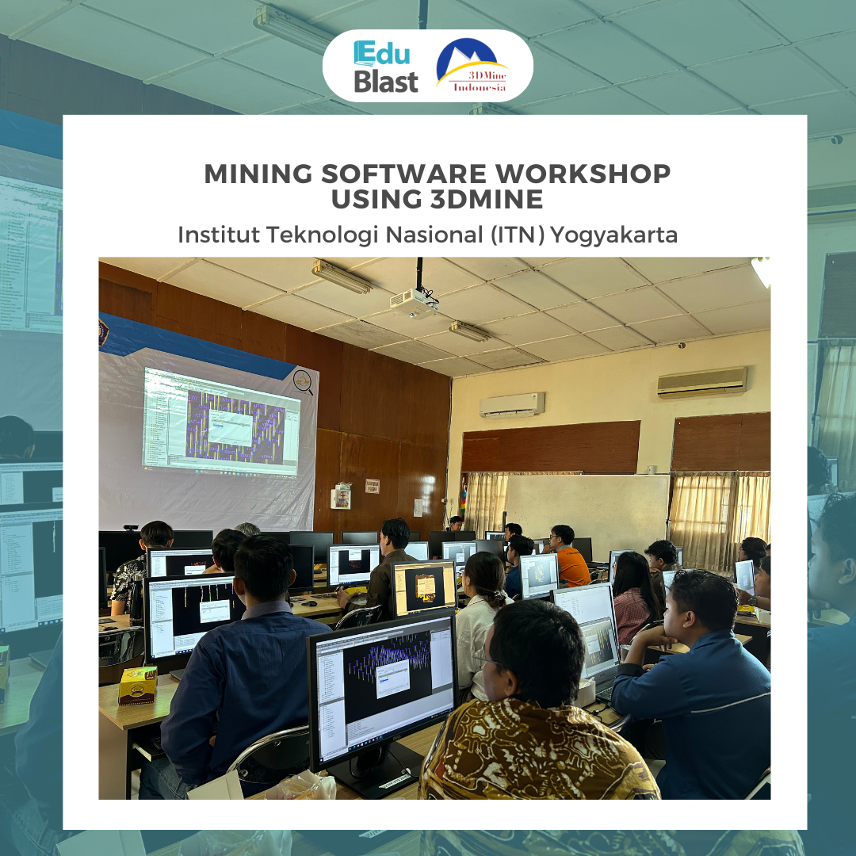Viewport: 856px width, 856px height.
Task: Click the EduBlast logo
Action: (x=386, y=67)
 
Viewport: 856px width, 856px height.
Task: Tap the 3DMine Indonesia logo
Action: (x=473, y=66)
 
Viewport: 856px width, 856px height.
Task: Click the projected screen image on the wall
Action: (x=221, y=422)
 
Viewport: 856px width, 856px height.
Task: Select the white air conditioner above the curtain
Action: (x=511, y=405)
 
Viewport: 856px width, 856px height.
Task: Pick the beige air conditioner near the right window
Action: (x=701, y=382)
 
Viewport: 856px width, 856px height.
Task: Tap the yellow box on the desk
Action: (x=137, y=685)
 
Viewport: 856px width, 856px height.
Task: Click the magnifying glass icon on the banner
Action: (x=303, y=382)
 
